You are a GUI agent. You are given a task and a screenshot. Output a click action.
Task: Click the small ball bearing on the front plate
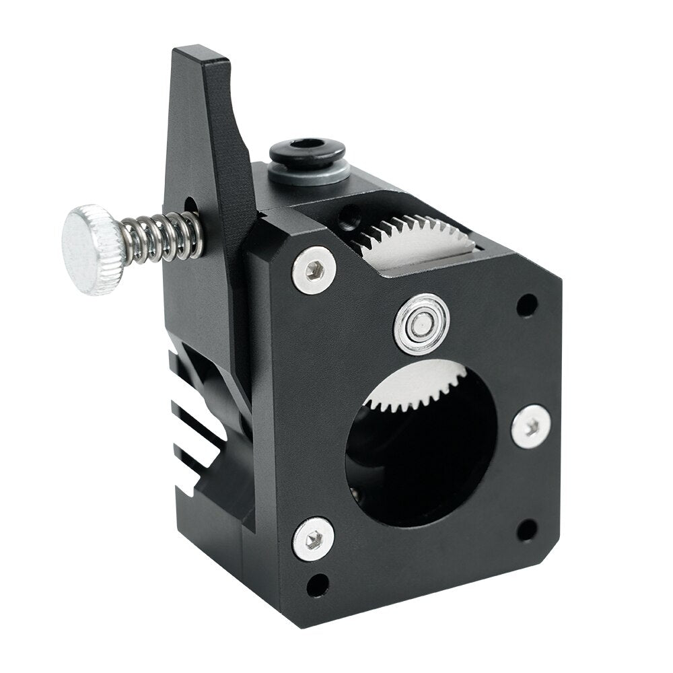[x=422, y=325]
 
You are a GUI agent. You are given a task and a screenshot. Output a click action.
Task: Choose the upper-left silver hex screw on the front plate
[x=314, y=270]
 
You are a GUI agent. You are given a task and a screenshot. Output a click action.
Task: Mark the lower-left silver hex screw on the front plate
[x=313, y=539]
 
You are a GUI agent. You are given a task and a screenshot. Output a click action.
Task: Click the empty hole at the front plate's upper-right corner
[x=527, y=305]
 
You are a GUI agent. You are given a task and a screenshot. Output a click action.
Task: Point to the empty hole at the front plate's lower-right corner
[x=526, y=530]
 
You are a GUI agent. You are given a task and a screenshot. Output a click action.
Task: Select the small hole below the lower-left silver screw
[x=318, y=584]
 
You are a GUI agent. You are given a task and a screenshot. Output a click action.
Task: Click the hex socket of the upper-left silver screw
[x=314, y=270]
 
